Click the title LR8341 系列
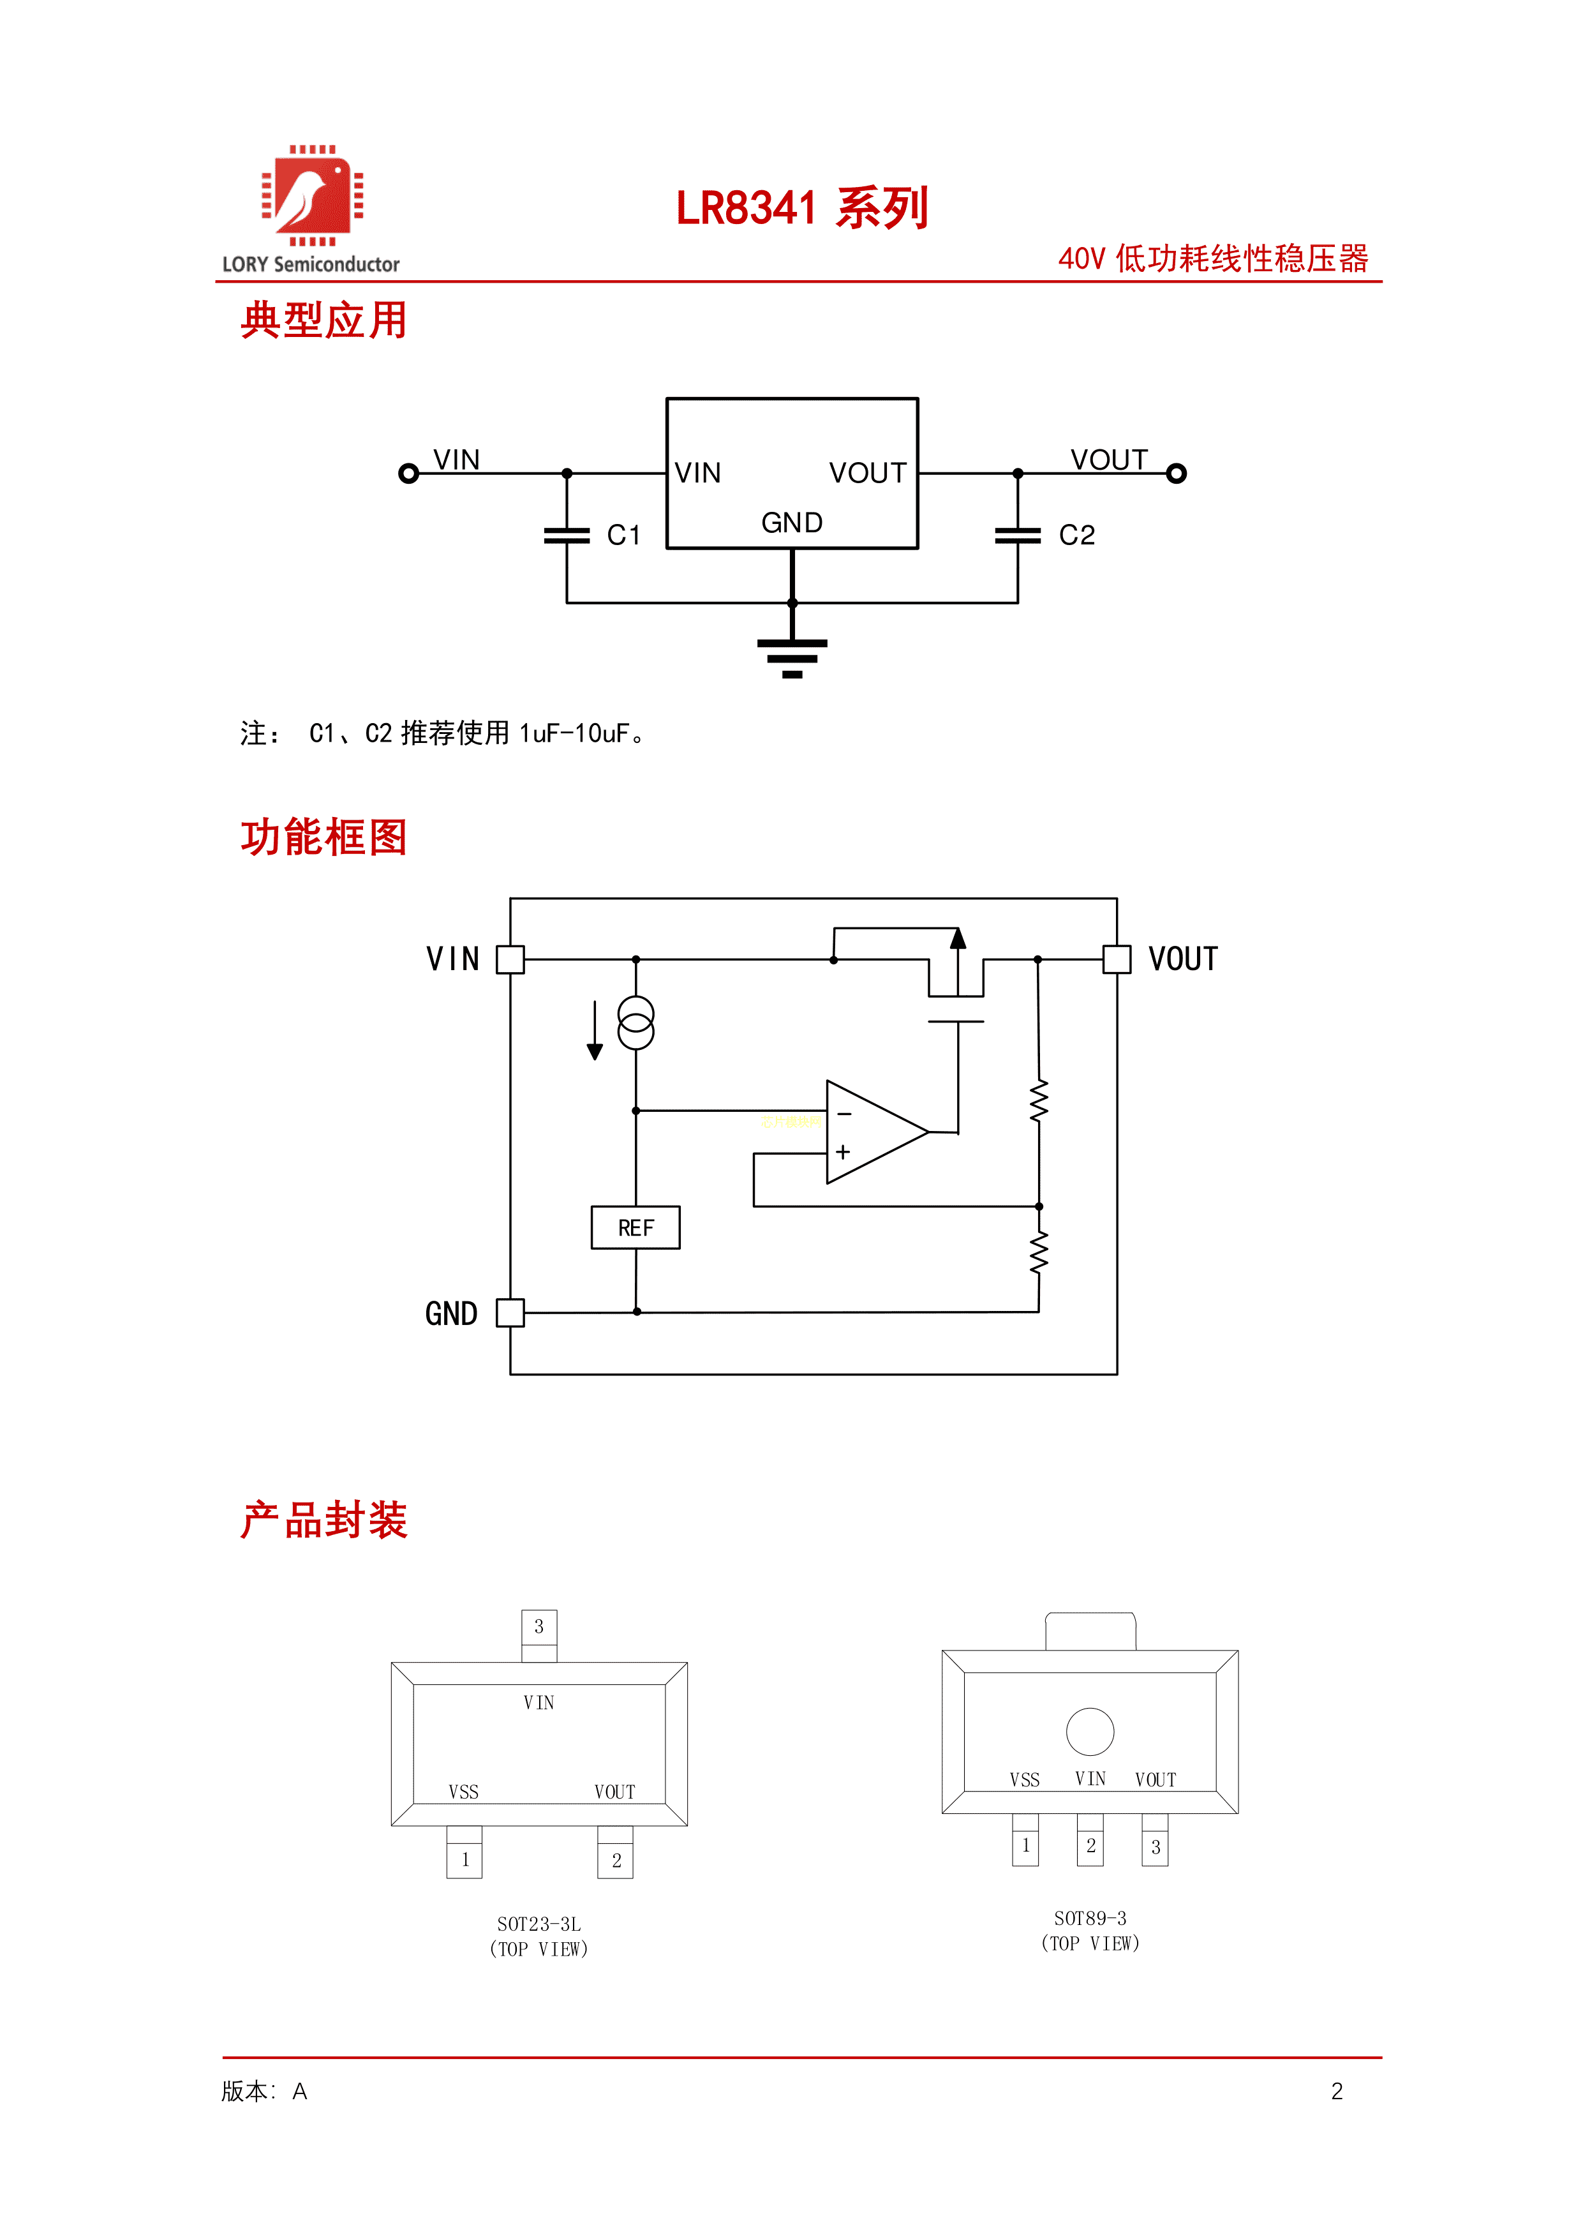coord(801,209)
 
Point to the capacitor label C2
coord(1076,535)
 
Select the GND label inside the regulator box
coord(791,523)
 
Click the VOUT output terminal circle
coord(1177,474)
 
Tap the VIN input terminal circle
coord(408,474)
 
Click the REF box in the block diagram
coord(635,1228)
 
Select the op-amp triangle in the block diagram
coord(870,1132)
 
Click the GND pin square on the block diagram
coord(510,1314)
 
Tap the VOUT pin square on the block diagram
coord(1117,959)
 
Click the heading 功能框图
coord(323,837)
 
